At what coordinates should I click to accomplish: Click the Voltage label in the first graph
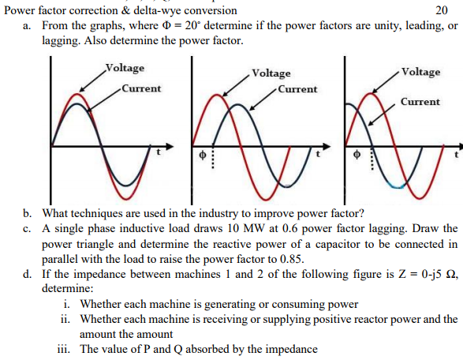tap(125, 68)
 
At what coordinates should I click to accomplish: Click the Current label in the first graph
tap(141, 88)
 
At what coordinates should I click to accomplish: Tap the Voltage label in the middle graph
tap(271, 73)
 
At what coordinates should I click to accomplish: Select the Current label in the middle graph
tap(297, 89)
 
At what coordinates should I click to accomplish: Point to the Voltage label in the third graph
tap(420, 72)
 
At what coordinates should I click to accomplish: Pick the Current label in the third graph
tap(420, 102)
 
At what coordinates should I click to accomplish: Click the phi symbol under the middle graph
tap(202, 155)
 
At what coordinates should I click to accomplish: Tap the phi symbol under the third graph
tap(357, 154)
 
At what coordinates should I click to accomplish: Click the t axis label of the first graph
tap(159, 152)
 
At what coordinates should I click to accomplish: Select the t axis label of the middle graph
tap(318, 154)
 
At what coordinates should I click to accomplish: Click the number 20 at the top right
tap(442, 10)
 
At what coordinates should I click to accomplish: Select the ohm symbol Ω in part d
tap(450, 274)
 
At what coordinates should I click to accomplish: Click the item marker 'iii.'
tap(64, 349)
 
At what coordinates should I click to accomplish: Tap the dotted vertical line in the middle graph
tap(213, 157)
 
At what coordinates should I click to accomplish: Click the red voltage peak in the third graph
tap(370, 94)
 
